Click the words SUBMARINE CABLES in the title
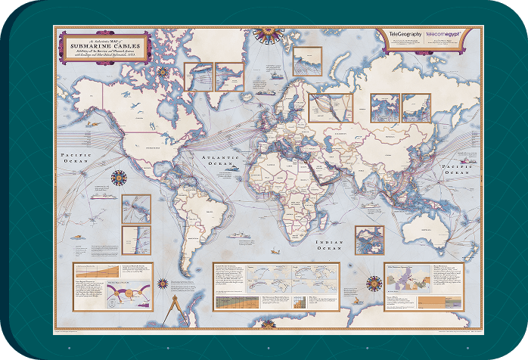[x=107, y=44]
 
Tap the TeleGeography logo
[x=402, y=36]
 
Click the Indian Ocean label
[x=331, y=244]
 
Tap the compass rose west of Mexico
[x=119, y=178]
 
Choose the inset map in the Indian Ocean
[x=369, y=240]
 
